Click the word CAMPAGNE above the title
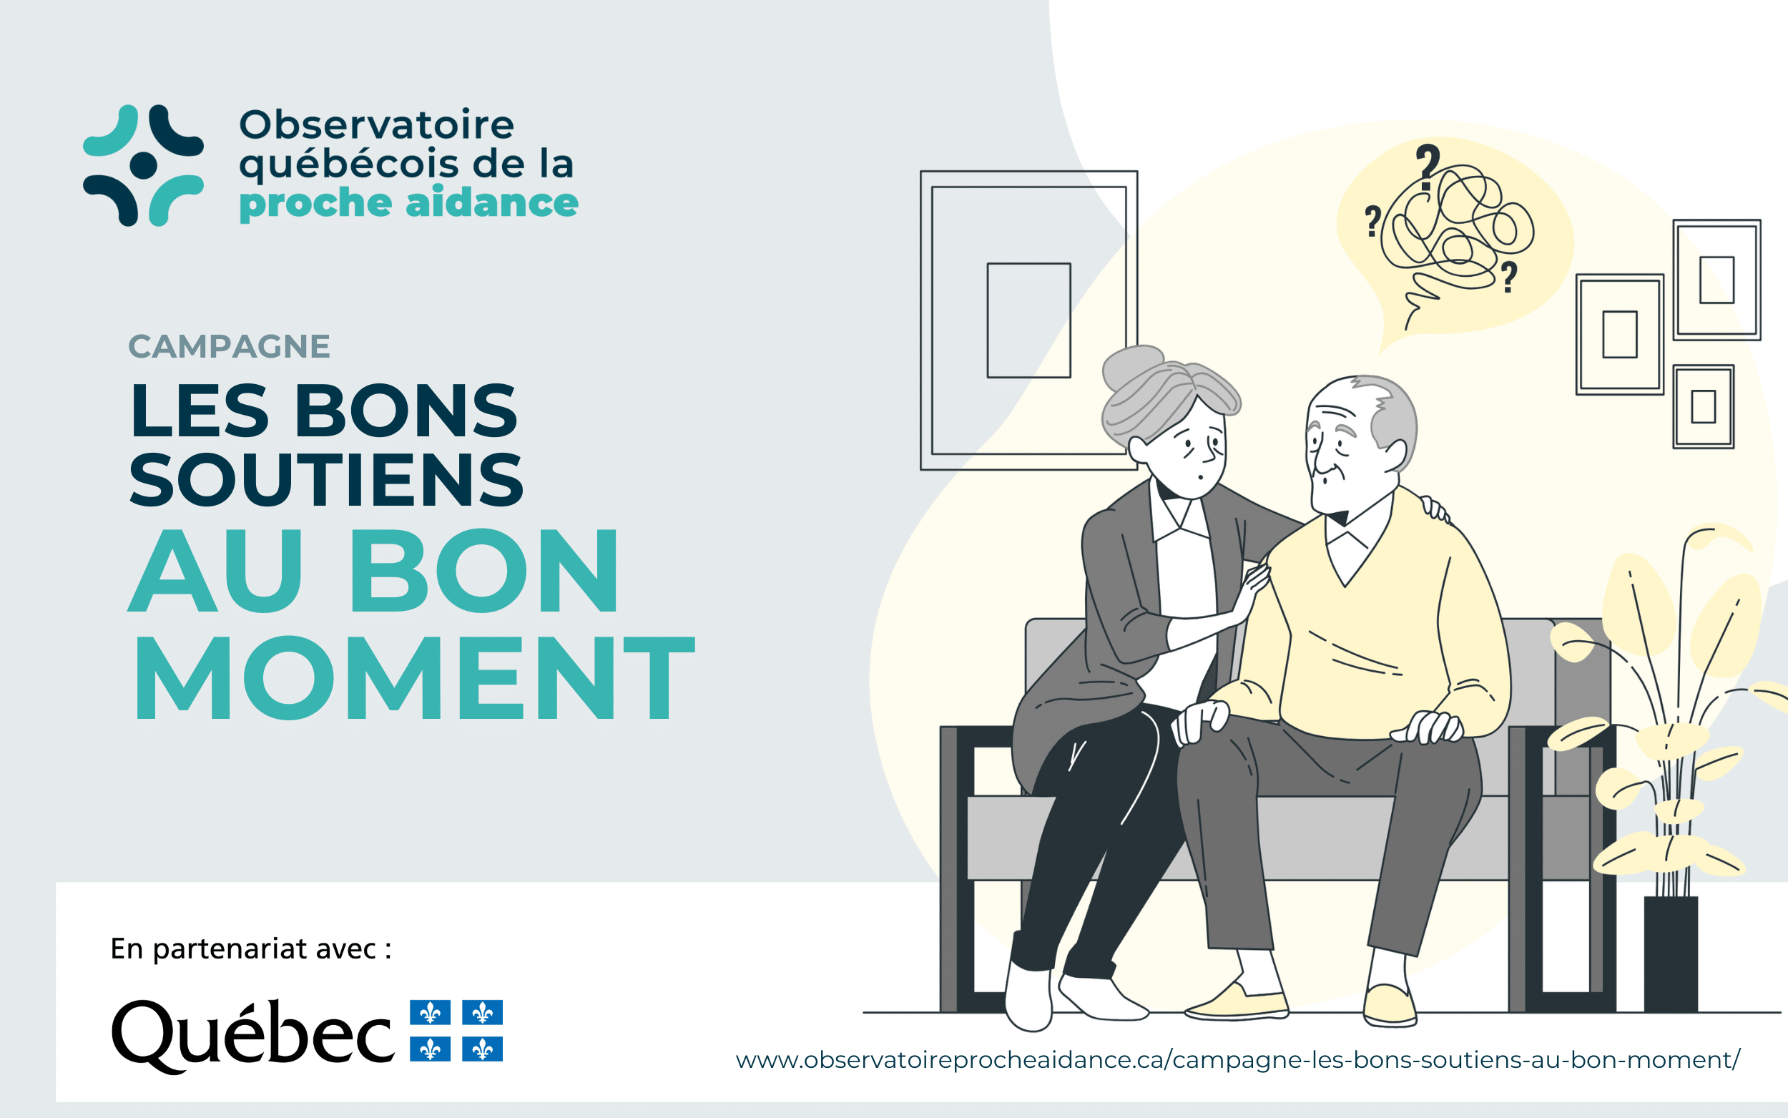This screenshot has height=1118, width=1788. [x=229, y=346]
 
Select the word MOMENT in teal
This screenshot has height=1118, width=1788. [x=414, y=677]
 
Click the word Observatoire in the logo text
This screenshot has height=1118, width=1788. [x=376, y=124]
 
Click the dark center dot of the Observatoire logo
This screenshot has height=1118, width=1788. [x=143, y=166]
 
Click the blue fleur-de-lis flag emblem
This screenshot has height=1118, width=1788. [x=456, y=1031]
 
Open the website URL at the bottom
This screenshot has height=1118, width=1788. [x=1238, y=1059]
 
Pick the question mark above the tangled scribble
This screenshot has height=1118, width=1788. [x=1428, y=167]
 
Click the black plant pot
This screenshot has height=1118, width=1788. [x=1671, y=954]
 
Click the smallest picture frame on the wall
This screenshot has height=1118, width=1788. [x=1704, y=407]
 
